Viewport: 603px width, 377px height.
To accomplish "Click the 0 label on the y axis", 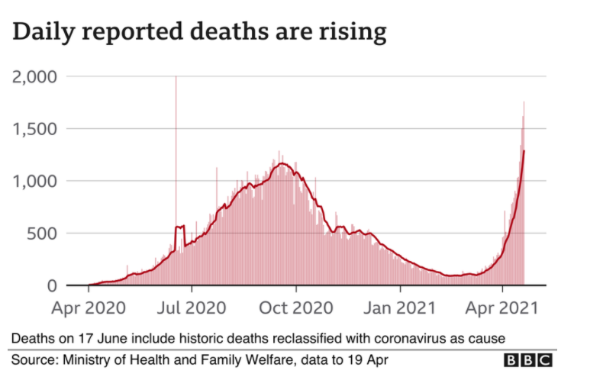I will coord(52,286).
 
